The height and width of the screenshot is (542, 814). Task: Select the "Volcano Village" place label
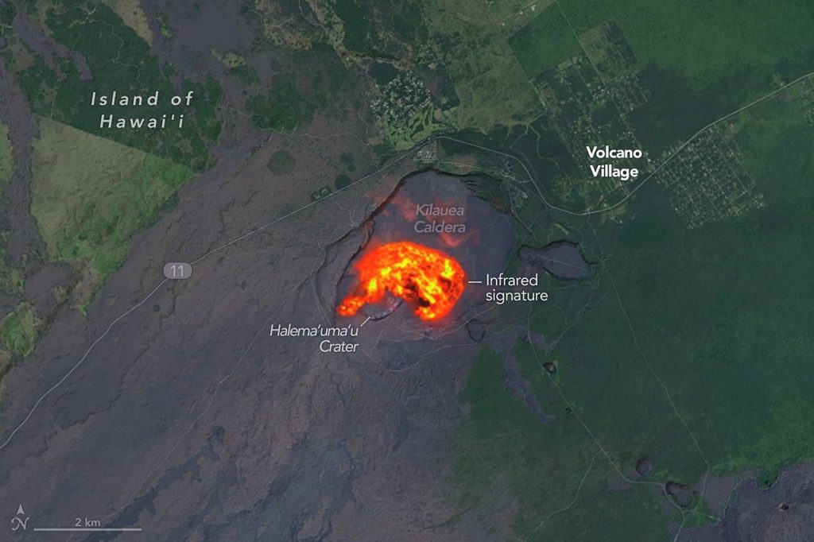[613, 161]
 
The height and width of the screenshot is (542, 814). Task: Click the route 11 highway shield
[178, 271]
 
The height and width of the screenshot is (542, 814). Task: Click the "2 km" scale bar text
[87, 521]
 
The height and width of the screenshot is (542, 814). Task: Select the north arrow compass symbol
[20, 518]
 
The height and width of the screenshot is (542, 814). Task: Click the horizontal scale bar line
[87, 529]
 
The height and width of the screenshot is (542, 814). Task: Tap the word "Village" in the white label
[614, 170]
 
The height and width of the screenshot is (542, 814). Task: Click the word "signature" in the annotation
[517, 296]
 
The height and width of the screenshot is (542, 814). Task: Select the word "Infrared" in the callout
[512, 280]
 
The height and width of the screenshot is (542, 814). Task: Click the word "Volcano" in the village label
[613, 153]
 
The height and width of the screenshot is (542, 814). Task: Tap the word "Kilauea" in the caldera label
[439, 211]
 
